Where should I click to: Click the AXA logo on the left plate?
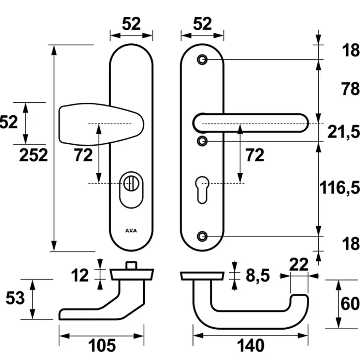[131, 230]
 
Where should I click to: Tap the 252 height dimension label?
[34, 155]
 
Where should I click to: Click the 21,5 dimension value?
[344, 132]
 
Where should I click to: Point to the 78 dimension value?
[350, 89]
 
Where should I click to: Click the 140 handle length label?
[250, 346]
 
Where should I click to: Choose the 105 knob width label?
[102, 346]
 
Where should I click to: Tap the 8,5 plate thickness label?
[258, 276]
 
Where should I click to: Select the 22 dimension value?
[299, 265]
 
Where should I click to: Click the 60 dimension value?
[350, 304]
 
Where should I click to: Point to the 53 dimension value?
[15, 298]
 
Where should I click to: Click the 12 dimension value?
[80, 275]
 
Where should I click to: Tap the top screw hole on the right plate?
[202, 60]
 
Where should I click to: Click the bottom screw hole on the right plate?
[202, 236]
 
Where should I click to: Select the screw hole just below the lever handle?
[202, 141]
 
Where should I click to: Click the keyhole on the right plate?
[202, 190]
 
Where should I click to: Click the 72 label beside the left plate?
[83, 155]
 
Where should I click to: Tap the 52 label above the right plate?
[202, 24]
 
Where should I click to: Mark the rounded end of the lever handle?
[304, 123]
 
